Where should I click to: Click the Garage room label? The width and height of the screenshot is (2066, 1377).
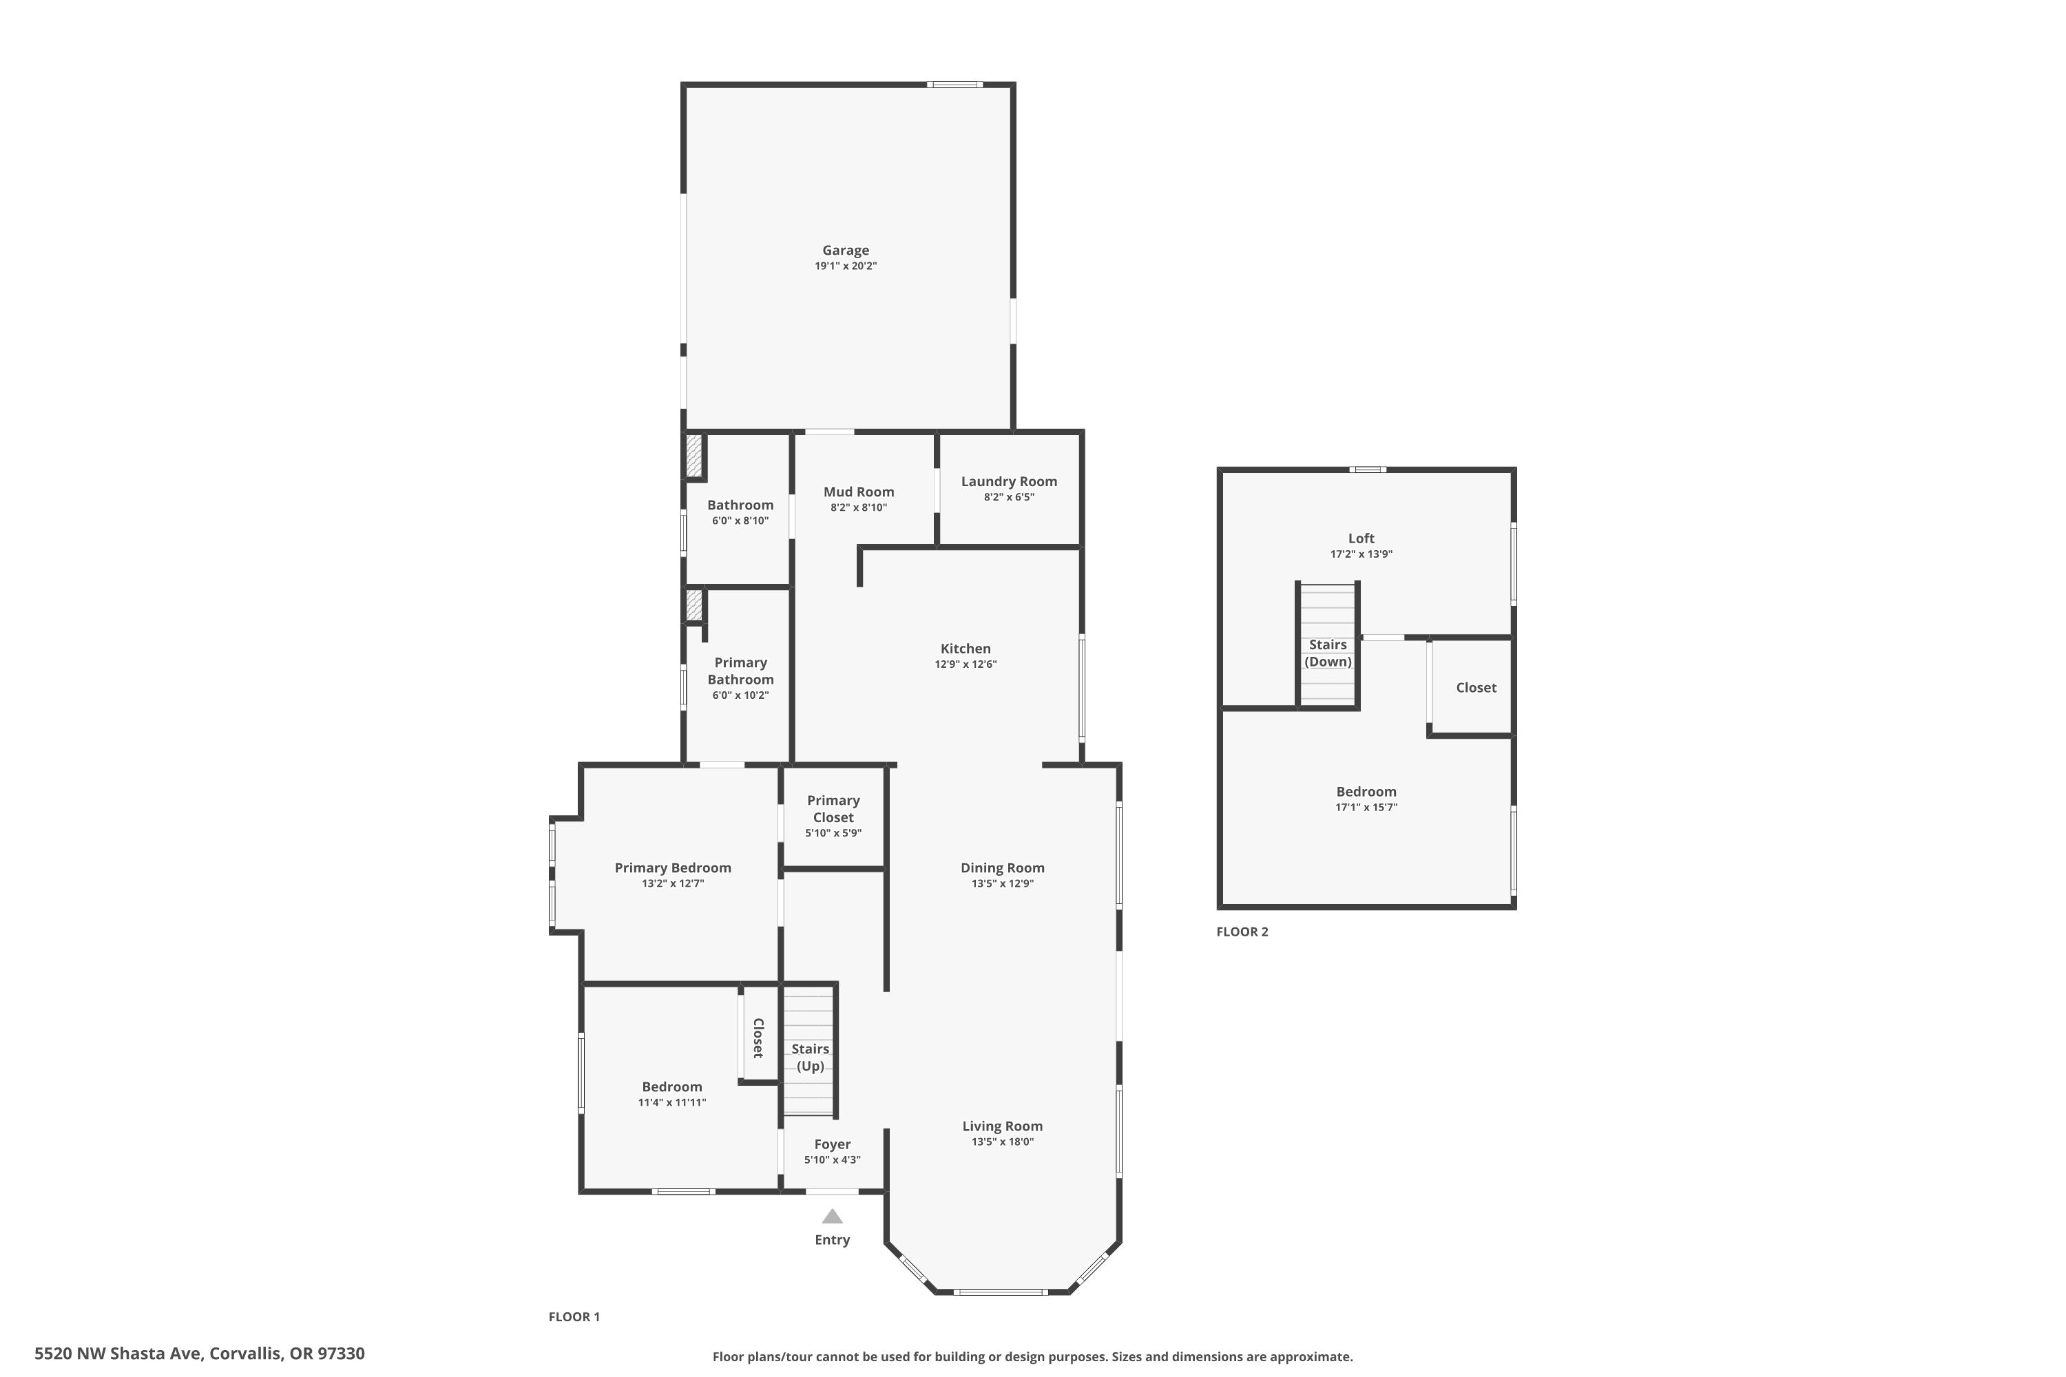pyautogui.click(x=845, y=251)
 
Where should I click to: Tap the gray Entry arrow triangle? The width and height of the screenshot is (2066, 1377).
pyautogui.click(x=832, y=1217)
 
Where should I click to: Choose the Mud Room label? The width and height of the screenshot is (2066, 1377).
pyautogui.click(x=858, y=492)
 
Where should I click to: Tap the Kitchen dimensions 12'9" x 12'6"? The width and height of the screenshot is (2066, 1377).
pyautogui.click(x=966, y=664)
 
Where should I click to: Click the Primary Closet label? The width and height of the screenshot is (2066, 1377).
pyautogui.click(x=833, y=809)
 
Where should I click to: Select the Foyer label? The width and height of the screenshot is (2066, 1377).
pyautogui.click(x=832, y=1144)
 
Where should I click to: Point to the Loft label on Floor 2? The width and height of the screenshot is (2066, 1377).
pyautogui.click(x=1361, y=538)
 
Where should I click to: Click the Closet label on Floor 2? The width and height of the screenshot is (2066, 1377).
pyautogui.click(x=1476, y=688)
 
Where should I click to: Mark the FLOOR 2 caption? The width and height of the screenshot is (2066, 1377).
pyautogui.click(x=1242, y=932)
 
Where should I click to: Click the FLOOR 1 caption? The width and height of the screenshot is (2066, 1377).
pyautogui.click(x=574, y=1316)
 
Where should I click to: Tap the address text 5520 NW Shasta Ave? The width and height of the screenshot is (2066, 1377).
pyautogui.click(x=118, y=1354)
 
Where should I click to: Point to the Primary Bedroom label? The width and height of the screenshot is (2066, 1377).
pyautogui.click(x=673, y=868)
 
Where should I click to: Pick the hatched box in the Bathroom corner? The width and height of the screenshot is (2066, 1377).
pyautogui.click(x=694, y=456)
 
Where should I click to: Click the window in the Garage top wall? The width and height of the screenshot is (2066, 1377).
pyautogui.click(x=954, y=84)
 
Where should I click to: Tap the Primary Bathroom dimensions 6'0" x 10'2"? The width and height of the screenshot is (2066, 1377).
pyautogui.click(x=740, y=695)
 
